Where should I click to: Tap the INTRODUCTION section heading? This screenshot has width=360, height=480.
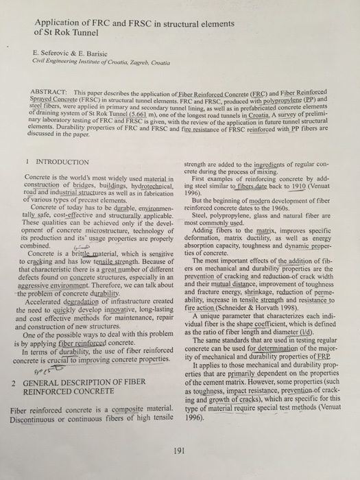tap(60, 163)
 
